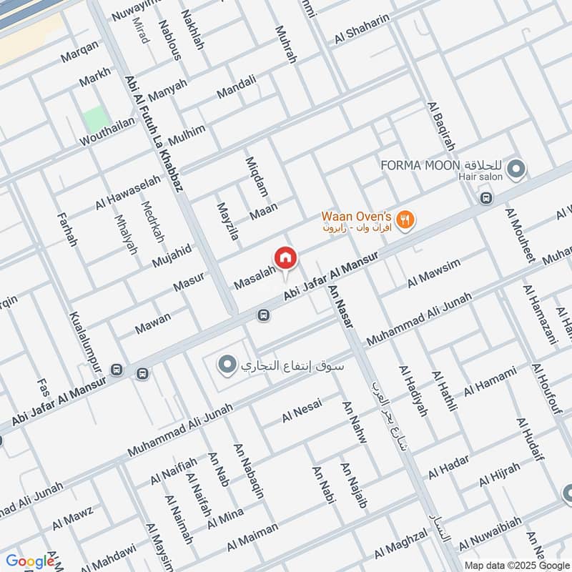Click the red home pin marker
click(x=284, y=257)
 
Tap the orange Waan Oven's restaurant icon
click(x=405, y=220)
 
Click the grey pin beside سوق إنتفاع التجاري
click(x=227, y=365)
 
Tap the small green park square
click(x=92, y=119)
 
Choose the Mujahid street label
click(x=172, y=255)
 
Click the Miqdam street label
click(x=256, y=177)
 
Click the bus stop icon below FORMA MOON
click(x=487, y=198)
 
